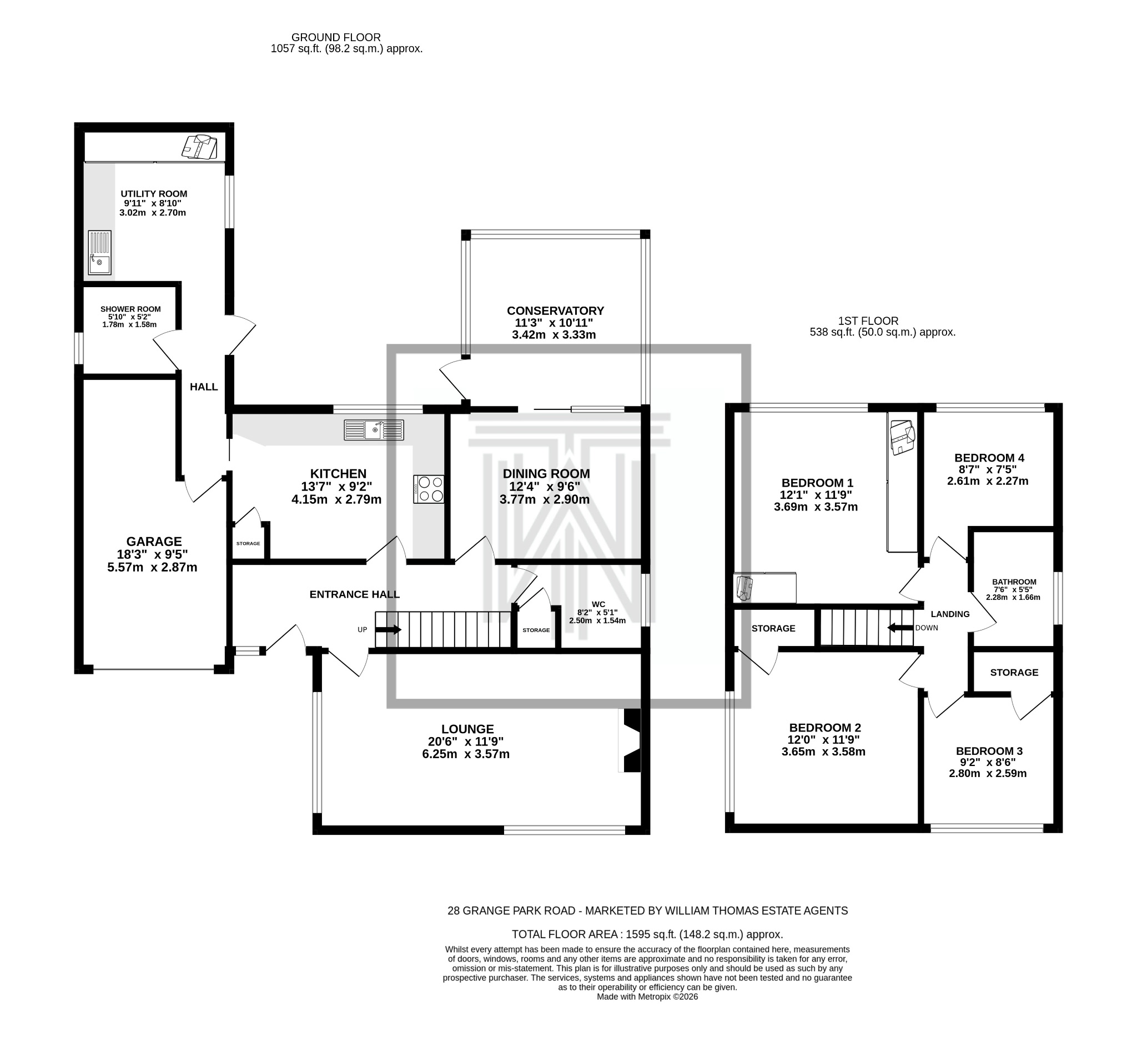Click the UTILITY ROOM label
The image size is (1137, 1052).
tap(154, 194)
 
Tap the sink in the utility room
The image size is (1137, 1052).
tap(99, 253)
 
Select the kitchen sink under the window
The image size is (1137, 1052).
tap(374, 430)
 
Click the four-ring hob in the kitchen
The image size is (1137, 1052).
tap(429, 489)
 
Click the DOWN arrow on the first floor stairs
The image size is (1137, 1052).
tap(901, 628)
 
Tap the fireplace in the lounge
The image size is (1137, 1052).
tap(631, 740)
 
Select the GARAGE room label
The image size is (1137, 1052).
tap(154, 542)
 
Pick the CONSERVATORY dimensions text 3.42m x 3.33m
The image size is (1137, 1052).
tap(554, 335)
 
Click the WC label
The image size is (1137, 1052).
tap(598, 604)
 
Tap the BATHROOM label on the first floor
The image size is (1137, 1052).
tap(1014, 582)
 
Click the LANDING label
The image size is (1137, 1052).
tap(950, 614)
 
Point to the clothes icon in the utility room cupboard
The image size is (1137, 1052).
tap(200, 147)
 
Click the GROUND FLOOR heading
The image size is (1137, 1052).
tap(336, 38)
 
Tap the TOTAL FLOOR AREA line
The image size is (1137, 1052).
tap(647, 934)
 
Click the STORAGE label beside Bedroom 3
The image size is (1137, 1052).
tap(1014, 672)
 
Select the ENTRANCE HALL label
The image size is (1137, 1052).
tap(354, 594)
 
